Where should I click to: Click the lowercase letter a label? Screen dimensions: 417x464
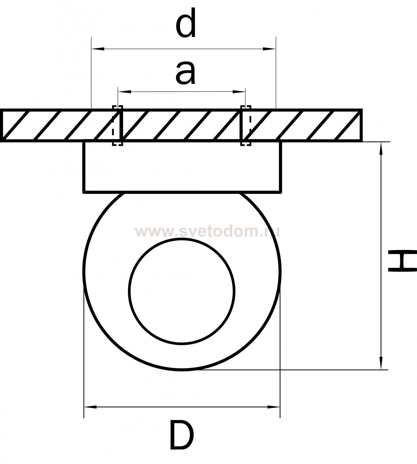click(186, 73)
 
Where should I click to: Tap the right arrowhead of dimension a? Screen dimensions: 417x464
click(239, 92)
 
